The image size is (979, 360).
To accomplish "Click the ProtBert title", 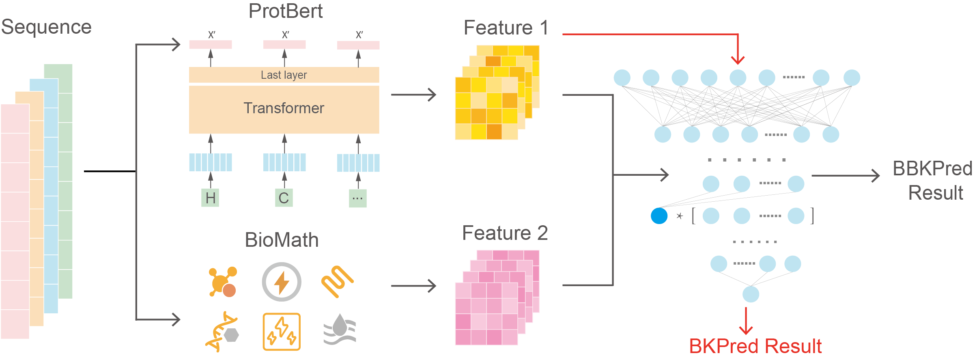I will pos(285,11).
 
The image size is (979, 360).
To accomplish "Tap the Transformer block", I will pos(284,109).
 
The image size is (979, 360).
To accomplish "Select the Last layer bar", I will pos(284,75).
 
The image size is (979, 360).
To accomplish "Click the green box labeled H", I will pos(210,198).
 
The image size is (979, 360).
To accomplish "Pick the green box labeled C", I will pos(284,198).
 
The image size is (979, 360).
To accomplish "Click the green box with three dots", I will pos(357,198).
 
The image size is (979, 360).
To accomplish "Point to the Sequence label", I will pos(46,27).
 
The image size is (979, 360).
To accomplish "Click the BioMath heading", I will pos(282,240).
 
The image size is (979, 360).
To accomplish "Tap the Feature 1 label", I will pos(506,28).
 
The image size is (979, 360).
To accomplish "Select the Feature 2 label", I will pos(505,233).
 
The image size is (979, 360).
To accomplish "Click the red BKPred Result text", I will pos(755,346).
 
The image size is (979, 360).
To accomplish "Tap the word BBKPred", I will pos(932,168).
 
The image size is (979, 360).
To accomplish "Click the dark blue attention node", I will pos(659,216).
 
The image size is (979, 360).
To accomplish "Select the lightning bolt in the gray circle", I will pos(282,282).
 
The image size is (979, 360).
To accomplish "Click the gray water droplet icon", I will pos(340,329).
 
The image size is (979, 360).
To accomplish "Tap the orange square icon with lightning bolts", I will pos(282,332).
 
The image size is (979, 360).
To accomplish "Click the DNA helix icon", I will pos(222,332).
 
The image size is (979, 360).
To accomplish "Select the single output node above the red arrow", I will pos(751,294).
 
